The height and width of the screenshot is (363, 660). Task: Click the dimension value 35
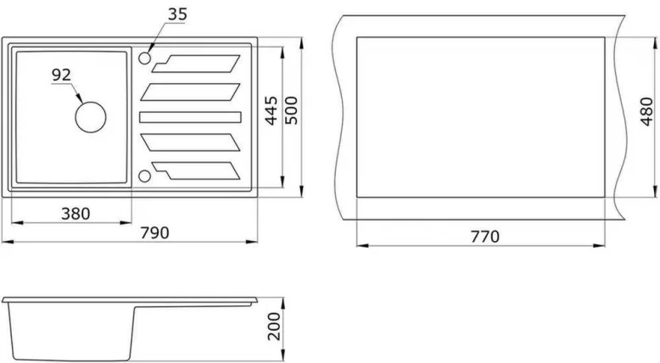coord(177,14)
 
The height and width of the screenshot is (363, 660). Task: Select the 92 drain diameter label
coord(61,75)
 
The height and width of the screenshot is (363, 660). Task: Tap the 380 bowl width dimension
coord(76,213)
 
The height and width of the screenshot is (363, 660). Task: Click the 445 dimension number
coord(272,111)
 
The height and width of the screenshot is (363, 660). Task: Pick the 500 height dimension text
coord(293,111)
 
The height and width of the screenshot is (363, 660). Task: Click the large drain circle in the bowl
coord(90,116)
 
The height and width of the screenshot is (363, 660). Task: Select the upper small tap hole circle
coord(144,59)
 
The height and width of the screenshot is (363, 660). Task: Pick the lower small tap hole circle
coord(144,176)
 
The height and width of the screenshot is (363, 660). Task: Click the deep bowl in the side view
coord(68,331)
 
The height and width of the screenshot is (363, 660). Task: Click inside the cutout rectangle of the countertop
coord(479,116)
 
